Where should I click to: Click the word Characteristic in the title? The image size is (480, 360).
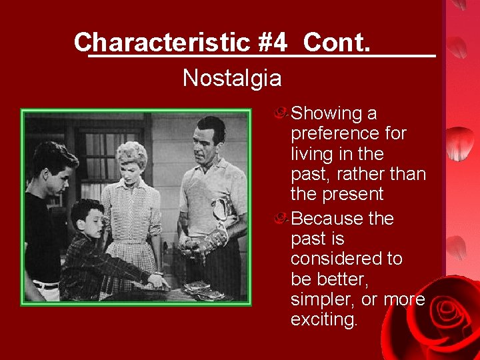point(162,42)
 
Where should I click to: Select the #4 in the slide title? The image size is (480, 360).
point(273,42)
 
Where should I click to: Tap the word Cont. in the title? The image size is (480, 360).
point(336,42)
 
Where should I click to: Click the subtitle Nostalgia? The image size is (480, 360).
point(232,79)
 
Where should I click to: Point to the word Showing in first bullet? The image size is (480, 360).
point(325,114)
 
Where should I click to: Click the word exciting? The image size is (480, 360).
point(323,320)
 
